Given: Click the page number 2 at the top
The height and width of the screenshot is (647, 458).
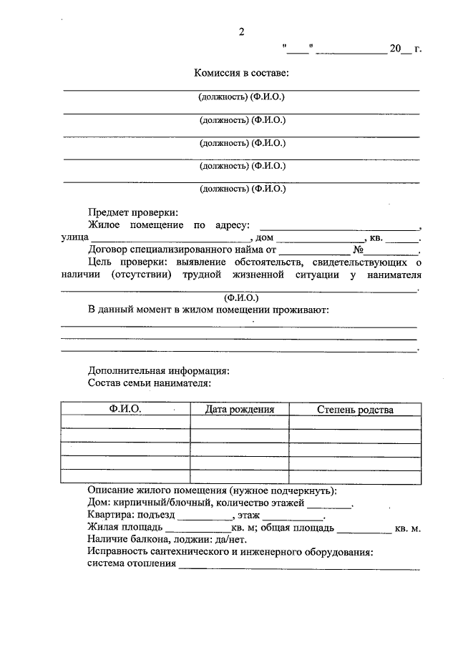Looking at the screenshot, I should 242,32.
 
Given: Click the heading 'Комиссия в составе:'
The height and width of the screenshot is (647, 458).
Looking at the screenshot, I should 241,73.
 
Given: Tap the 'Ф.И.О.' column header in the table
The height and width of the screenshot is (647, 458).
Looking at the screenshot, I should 125,409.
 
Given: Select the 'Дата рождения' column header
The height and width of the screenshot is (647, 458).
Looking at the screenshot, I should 240,410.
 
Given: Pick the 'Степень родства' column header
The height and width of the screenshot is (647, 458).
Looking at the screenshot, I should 355,410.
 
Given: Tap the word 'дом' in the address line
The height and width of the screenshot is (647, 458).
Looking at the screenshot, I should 265,238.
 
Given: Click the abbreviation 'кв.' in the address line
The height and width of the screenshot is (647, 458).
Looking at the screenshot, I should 376,238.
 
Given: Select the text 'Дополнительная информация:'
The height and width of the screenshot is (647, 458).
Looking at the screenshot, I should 158,371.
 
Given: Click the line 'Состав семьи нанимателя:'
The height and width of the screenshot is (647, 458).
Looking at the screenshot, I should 149,383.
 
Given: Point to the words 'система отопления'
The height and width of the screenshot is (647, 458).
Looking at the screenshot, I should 132,564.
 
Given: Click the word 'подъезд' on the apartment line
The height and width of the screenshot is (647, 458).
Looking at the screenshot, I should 157,515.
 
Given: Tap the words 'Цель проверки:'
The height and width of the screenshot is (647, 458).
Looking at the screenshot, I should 122,262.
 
